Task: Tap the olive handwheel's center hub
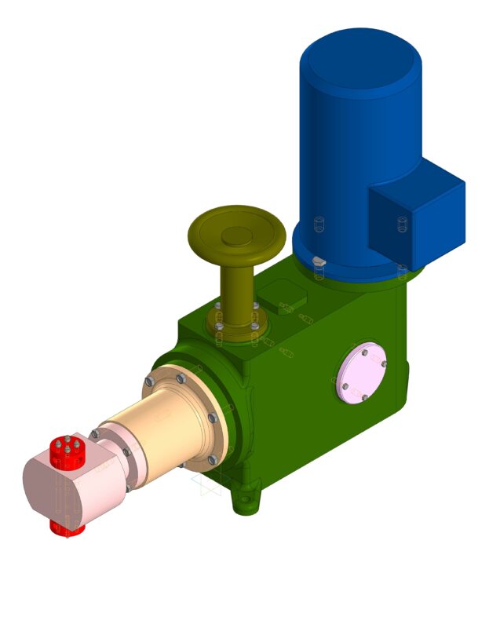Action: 236,235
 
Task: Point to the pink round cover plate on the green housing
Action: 360,373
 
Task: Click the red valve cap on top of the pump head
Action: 68,450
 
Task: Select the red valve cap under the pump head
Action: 67,528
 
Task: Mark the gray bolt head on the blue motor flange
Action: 318,261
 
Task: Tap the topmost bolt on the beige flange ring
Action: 181,378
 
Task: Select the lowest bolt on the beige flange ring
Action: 212,460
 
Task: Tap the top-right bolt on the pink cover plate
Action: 383,363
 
